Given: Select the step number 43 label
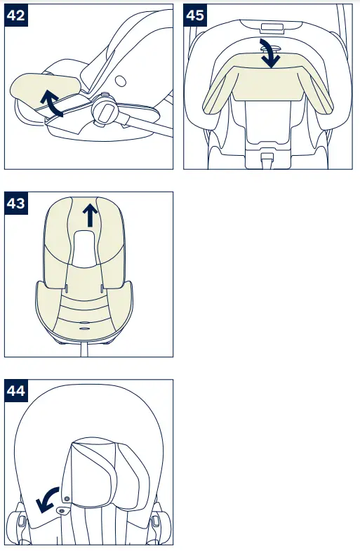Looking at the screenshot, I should point(17,204).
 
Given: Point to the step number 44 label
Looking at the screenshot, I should point(17,391).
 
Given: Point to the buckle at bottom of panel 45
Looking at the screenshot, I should point(267,161).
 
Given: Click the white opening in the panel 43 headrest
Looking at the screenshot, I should point(88,249).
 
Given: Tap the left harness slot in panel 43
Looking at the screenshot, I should point(65,288).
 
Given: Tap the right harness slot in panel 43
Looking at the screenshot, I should point(102,288).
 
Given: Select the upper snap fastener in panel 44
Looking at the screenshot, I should point(67,497).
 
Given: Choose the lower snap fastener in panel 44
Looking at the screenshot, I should point(60,512).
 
